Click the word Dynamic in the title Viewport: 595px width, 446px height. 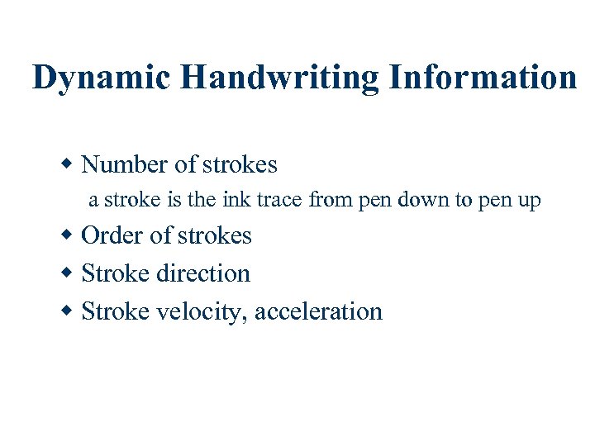tap(101, 78)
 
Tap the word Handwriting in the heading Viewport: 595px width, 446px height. tap(277, 78)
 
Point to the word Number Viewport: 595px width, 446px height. tap(124, 164)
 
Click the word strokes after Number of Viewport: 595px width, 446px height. tap(239, 164)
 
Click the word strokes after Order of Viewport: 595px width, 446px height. tap(213, 235)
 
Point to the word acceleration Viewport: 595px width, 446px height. tap(319, 311)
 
